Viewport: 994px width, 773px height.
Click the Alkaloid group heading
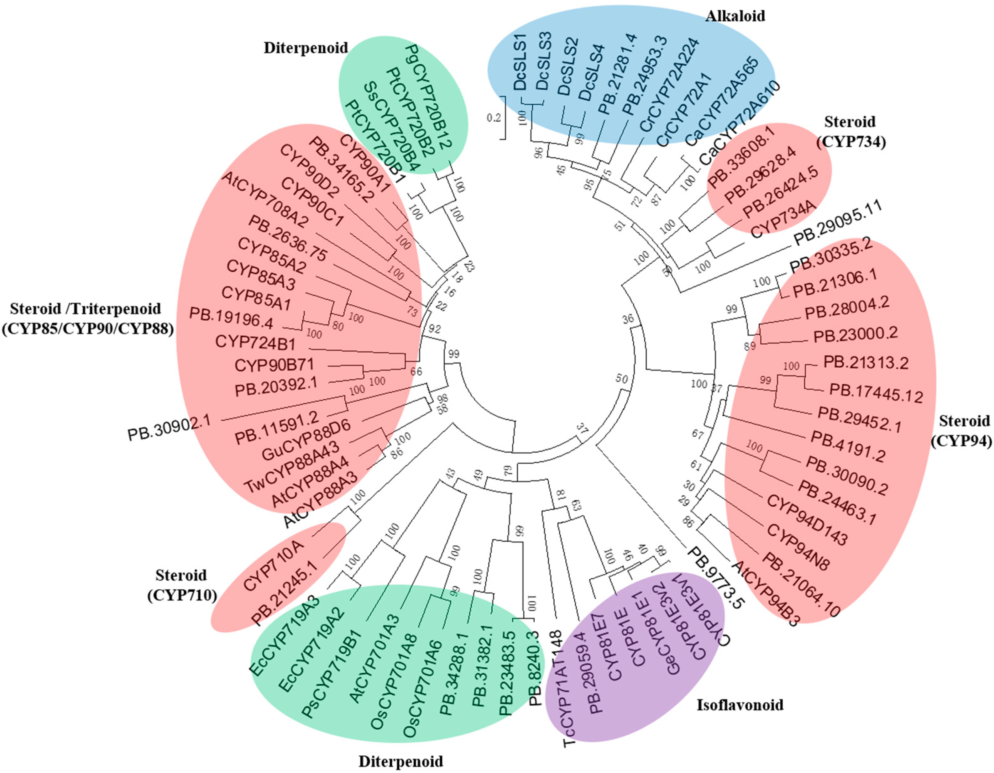click(x=735, y=16)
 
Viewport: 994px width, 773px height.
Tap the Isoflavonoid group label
click(x=740, y=705)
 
